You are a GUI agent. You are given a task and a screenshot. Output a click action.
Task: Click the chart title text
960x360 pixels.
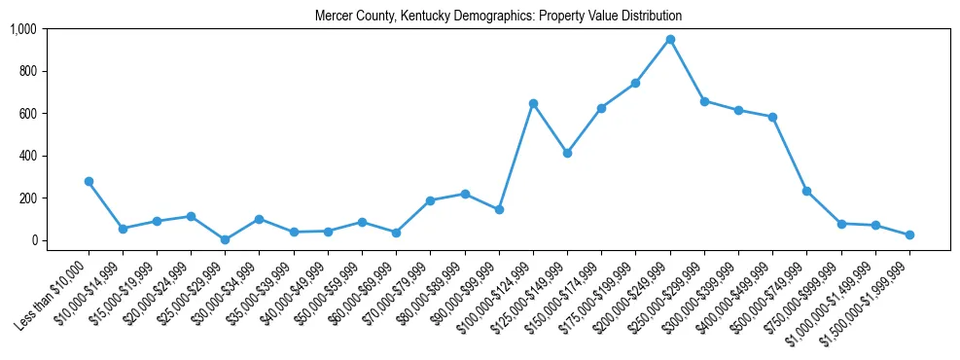click(x=498, y=17)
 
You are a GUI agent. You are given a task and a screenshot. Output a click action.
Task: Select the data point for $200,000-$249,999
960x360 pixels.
click(x=670, y=40)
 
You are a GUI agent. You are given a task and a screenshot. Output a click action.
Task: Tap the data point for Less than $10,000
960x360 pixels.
click(x=89, y=181)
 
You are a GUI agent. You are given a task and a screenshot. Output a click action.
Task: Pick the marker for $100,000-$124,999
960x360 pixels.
click(x=533, y=103)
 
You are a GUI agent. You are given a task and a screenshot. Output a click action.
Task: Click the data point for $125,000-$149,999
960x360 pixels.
click(x=567, y=153)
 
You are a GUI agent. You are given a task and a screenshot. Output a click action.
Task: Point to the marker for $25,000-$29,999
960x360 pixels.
click(x=226, y=239)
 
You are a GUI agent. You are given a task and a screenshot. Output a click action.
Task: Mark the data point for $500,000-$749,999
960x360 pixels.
click(x=806, y=191)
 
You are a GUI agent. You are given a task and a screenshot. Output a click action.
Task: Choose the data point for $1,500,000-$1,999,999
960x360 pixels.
click(x=909, y=234)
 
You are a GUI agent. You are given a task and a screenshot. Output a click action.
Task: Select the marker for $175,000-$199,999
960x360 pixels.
click(x=635, y=84)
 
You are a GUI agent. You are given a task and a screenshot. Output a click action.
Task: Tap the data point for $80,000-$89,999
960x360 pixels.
click(x=465, y=194)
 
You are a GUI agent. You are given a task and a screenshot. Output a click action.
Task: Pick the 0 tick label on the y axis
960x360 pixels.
click(x=33, y=240)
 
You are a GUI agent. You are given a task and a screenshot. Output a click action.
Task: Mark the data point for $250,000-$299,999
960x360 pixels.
click(x=704, y=101)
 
